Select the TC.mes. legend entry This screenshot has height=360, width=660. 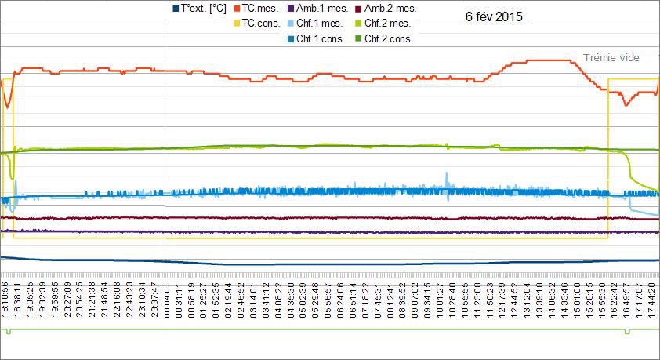(259, 8)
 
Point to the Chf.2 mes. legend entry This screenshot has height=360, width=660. (389, 24)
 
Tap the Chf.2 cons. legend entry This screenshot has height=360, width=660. (389, 38)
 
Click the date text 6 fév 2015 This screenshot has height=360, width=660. (494, 16)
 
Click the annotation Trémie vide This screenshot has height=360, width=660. (612, 58)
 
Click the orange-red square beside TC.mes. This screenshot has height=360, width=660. (236, 8)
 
